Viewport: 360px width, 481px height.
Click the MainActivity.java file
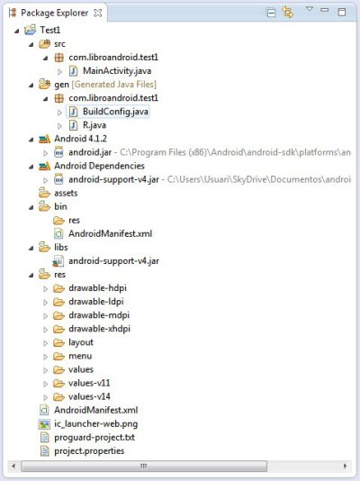[x=117, y=71]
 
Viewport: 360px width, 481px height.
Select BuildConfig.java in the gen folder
[x=115, y=112]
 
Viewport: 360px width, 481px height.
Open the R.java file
[x=94, y=125]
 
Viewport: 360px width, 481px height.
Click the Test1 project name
[x=50, y=30]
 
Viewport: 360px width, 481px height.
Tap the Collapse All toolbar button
[x=271, y=13]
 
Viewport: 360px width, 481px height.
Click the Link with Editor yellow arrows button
[x=287, y=13]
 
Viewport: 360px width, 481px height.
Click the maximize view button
[x=342, y=12]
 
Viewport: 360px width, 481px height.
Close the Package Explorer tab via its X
[x=98, y=13]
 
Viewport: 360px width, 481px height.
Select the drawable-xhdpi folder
[x=99, y=329]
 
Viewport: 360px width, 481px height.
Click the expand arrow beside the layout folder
[x=45, y=343]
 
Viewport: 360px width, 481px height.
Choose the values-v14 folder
[x=89, y=396]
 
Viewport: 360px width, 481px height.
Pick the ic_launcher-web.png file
[x=96, y=423]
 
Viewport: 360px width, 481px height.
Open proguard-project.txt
[x=94, y=437]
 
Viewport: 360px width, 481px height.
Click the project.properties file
[x=89, y=450]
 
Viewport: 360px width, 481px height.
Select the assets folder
[x=66, y=193]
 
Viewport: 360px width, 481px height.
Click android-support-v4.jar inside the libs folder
[x=113, y=260]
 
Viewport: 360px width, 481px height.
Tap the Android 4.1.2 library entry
[x=81, y=139]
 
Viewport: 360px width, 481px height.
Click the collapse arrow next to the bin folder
[x=31, y=207]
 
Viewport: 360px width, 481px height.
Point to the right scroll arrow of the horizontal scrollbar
[x=346, y=466]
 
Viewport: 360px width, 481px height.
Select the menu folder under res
[x=80, y=356]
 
